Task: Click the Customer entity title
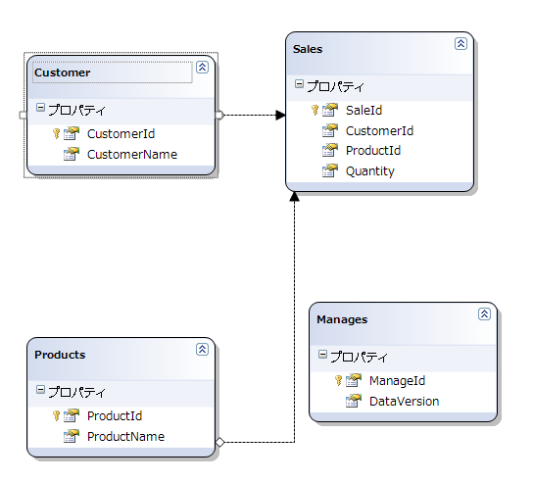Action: coord(62,72)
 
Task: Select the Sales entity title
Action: coord(308,49)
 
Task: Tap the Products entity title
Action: coord(60,355)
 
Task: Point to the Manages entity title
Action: coord(342,319)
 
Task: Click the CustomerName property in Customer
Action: coord(132,155)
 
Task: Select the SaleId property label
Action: coord(363,111)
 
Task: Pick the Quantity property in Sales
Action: coord(370,171)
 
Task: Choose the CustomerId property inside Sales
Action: coord(379,131)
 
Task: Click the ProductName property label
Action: coord(125,437)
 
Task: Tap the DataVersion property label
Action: coord(405,402)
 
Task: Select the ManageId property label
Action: coord(397,381)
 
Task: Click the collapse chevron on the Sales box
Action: coord(460,44)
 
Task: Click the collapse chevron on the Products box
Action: coord(202,350)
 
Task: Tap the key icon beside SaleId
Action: coord(315,110)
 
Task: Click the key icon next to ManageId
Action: coord(338,380)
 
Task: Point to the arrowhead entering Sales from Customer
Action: coord(281,116)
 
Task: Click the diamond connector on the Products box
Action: coord(219,442)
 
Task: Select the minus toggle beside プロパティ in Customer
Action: coord(40,108)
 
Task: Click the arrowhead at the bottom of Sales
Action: coord(294,197)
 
